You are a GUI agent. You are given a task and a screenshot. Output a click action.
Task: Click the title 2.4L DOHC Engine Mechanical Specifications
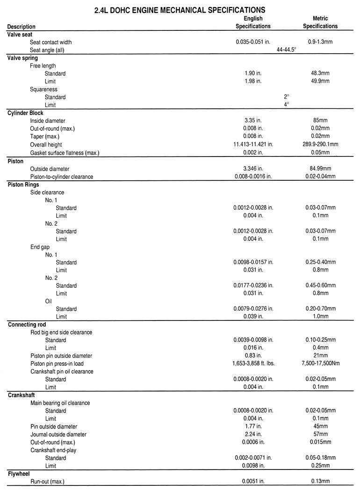180,9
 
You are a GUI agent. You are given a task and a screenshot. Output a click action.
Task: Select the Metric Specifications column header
320,23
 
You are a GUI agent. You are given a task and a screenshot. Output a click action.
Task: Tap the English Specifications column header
253,23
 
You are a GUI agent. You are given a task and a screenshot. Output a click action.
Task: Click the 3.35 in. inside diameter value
253,121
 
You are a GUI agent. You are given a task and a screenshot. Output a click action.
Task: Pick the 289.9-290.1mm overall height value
320,145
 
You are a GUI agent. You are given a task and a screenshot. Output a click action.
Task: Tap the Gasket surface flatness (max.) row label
65,153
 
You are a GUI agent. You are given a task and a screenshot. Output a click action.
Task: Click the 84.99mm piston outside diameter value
320,169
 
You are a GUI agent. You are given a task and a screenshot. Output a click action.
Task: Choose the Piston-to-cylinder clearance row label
62,177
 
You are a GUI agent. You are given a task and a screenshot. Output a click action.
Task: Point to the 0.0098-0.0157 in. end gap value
253,263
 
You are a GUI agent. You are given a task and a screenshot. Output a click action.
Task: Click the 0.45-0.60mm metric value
320,285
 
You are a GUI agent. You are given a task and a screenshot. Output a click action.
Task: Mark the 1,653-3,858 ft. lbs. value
253,363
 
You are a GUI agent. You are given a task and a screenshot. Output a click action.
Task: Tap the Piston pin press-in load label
57,363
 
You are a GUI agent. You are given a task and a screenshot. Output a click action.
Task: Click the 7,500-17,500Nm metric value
320,363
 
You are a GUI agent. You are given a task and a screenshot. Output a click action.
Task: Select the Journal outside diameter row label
58,434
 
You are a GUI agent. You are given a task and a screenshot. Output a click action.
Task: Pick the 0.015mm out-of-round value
320,442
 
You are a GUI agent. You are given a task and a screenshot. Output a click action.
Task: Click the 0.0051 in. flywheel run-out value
253,481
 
